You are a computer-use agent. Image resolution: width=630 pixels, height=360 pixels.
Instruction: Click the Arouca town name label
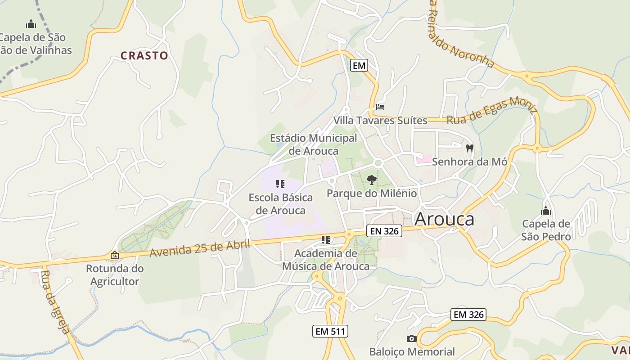(444, 219)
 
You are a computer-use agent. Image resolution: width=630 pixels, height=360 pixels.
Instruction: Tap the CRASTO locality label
(144, 56)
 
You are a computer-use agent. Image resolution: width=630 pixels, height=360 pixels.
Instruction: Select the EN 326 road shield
(384, 231)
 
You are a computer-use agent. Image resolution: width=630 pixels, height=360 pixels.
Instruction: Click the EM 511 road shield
(330, 332)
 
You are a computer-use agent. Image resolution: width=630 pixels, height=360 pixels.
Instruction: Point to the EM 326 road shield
(468, 315)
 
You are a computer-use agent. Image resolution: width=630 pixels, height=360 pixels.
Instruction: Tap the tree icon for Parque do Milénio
(371, 180)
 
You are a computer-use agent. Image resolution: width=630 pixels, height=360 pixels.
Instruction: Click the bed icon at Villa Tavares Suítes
(380, 107)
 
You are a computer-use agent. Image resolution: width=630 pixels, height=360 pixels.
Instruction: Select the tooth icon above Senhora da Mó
(470, 148)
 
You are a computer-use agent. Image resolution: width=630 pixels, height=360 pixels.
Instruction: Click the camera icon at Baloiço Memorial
(411, 338)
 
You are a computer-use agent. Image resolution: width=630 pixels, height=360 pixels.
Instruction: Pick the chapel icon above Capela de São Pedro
(546, 210)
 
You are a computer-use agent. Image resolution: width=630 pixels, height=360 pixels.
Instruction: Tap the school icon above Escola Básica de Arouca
(280, 184)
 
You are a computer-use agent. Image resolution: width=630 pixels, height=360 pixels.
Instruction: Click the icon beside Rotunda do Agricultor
(115, 255)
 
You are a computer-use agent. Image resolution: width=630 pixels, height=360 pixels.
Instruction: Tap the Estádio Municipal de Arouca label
(313, 144)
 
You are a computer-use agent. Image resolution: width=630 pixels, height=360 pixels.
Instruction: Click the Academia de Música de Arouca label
(326, 260)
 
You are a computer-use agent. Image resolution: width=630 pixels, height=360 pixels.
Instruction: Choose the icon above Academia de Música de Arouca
(326, 239)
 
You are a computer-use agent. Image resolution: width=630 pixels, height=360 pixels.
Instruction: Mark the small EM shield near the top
(359, 66)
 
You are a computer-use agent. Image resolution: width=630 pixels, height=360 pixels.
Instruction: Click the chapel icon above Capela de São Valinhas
(31, 23)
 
